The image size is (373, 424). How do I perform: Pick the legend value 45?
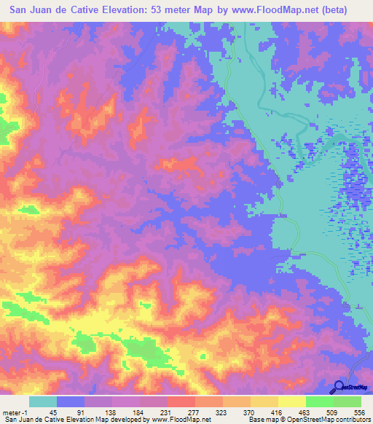point(52,412)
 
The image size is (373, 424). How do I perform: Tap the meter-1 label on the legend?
point(14,412)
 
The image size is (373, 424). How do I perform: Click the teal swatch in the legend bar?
point(43,401)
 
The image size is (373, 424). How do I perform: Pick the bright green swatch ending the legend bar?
point(347,401)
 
